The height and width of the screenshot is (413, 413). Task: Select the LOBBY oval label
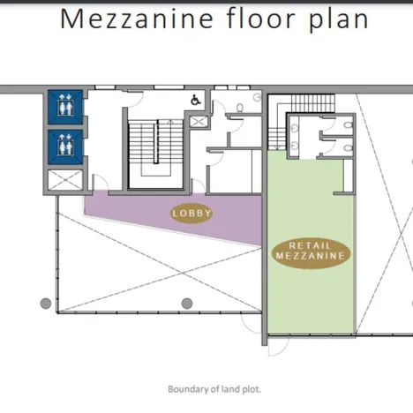(x=192, y=213)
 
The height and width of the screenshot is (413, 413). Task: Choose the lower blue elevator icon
(x=64, y=144)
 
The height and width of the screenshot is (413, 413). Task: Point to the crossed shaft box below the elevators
(x=64, y=181)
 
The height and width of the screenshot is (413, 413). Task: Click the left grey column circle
(x=46, y=304)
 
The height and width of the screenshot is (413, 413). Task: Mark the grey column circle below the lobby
(x=187, y=304)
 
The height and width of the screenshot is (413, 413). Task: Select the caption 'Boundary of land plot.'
(x=214, y=388)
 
